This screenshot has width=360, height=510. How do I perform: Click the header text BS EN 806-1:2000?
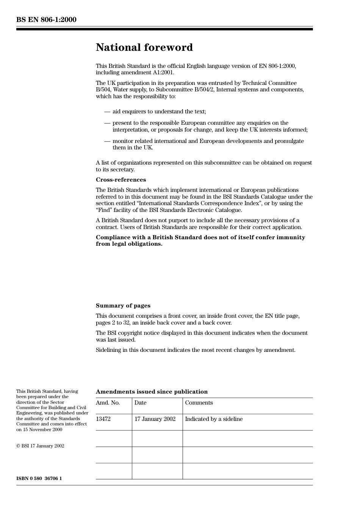(x=46, y=20)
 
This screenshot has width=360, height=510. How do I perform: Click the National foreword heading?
(x=144, y=47)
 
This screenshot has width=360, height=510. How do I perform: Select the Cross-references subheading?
(x=121, y=180)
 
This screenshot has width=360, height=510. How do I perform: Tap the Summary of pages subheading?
(x=123, y=306)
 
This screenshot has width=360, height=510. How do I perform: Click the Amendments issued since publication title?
(x=152, y=392)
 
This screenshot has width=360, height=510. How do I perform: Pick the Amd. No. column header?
(x=108, y=403)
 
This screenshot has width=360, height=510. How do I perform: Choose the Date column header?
(x=140, y=403)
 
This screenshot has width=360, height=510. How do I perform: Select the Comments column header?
(x=199, y=403)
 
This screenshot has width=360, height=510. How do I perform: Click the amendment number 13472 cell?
(x=103, y=419)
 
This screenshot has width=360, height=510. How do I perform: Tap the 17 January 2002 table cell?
(x=155, y=419)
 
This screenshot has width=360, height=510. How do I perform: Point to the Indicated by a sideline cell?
(x=214, y=419)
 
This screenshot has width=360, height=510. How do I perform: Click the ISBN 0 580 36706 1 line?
(x=39, y=478)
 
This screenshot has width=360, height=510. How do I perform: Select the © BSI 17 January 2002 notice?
(x=40, y=446)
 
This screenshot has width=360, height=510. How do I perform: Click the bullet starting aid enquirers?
(x=159, y=111)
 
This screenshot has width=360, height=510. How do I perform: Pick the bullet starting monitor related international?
(x=208, y=141)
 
